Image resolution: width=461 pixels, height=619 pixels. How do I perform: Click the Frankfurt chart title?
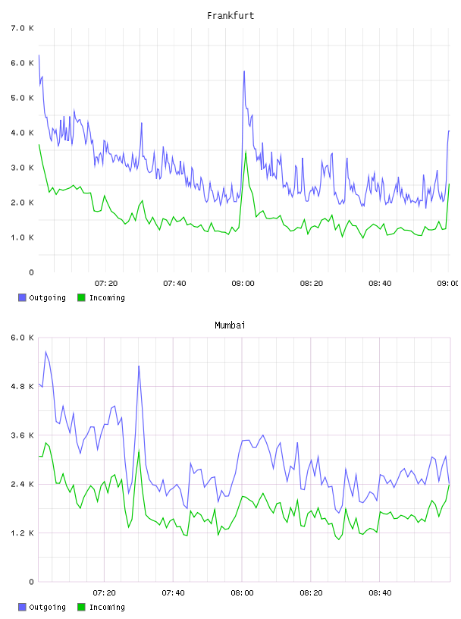tap(230, 16)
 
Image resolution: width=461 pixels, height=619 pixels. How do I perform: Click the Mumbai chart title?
tap(230, 325)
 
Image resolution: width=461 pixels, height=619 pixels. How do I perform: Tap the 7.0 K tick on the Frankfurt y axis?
tap(23, 28)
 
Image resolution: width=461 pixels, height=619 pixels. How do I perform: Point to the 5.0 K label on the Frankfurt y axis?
tap(23, 98)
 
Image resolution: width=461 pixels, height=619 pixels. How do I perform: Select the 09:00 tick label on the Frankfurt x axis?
tap(447, 284)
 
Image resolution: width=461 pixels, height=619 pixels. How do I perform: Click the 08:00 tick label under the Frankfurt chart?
tap(243, 284)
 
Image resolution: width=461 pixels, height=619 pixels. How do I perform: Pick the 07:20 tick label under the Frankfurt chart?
tap(106, 284)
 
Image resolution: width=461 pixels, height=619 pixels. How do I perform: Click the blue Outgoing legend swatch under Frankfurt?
tap(22, 297)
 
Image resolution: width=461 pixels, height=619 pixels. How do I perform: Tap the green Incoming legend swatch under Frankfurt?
tap(81, 297)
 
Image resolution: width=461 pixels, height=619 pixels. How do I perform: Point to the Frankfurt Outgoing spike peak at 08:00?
tap(244, 71)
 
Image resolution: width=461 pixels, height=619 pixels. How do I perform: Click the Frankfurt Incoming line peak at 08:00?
tap(246, 151)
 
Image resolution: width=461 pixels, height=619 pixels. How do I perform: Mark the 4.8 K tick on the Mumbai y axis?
tap(23, 386)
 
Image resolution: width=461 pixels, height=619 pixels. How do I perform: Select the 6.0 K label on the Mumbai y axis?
tap(23, 338)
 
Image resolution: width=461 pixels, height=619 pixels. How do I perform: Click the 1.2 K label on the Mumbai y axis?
tap(23, 533)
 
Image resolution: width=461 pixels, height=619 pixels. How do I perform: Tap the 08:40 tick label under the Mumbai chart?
tap(380, 593)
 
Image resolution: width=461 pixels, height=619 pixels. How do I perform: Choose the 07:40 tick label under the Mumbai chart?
tap(174, 593)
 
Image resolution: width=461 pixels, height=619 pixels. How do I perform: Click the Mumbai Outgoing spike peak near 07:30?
tap(139, 366)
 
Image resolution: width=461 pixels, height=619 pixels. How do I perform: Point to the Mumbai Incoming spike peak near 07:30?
tap(139, 450)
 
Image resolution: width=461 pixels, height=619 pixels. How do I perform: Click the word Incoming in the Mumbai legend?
tap(107, 607)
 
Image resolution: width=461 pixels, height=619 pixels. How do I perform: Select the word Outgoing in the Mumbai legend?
tap(47, 607)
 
